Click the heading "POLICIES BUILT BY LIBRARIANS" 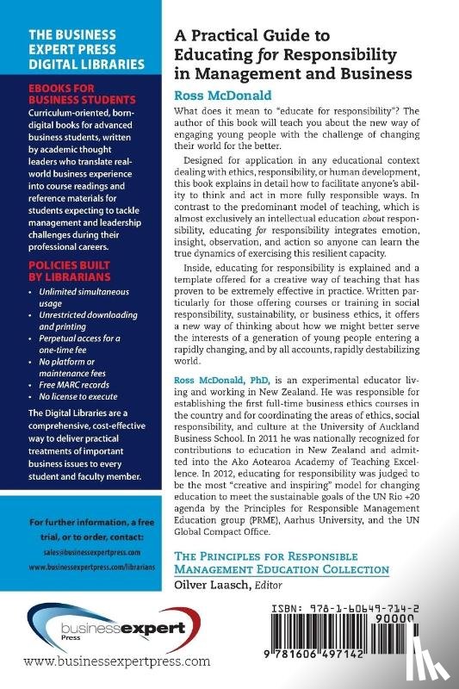click(70, 264)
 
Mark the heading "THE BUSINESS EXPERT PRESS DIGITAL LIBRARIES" click(78, 51)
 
